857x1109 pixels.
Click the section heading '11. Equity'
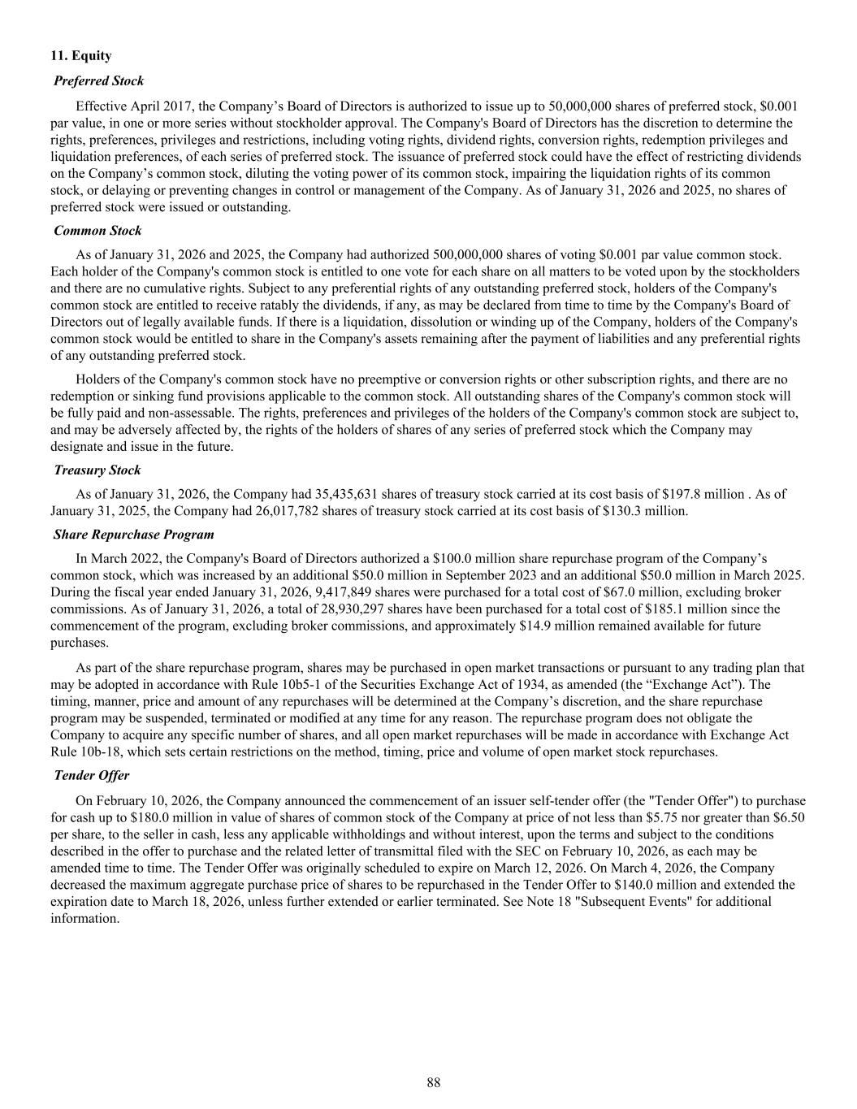[80, 56]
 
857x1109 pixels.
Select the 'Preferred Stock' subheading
[98, 80]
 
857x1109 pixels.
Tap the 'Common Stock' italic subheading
[97, 231]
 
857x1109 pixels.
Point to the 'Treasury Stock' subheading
[97, 470]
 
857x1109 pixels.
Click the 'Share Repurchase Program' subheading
[134, 534]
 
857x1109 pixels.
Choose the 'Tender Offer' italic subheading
[91, 775]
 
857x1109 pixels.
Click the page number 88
[433, 1082]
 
